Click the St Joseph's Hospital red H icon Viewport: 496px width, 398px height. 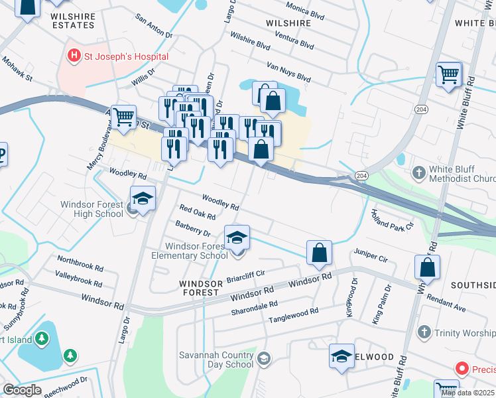tap(74, 56)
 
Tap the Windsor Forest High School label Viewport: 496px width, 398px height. tap(92, 209)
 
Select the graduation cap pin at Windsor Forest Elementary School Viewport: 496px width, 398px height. tap(237, 238)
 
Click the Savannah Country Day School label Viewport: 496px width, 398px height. tap(216, 360)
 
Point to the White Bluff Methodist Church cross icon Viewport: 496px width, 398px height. tap(418, 173)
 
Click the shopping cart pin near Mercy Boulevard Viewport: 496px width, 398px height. tap(123, 118)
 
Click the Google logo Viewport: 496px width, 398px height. tap(22, 389)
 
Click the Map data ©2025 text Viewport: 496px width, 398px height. tap(468, 393)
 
